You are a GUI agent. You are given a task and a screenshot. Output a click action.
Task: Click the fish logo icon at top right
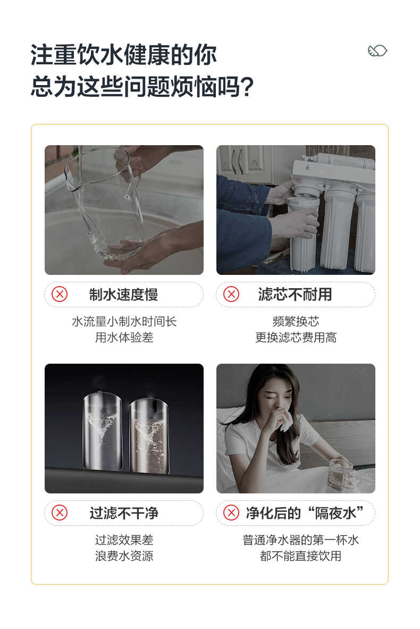[377, 51]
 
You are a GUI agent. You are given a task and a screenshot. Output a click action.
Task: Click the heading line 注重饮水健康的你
[123, 56]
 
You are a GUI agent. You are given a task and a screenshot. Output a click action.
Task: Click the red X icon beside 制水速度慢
[60, 294]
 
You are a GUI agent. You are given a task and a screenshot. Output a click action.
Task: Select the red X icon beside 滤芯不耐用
[231, 294]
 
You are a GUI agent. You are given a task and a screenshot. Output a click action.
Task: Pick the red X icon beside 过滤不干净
[60, 513]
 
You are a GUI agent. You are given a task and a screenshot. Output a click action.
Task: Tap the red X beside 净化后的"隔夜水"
[231, 513]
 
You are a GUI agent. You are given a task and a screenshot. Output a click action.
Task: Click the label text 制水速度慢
[123, 295]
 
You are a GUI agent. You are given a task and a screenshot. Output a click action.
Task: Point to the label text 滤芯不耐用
[295, 295]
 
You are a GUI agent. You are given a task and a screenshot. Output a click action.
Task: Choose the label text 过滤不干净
[123, 513]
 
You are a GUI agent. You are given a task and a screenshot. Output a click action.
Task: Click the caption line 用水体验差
[124, 338]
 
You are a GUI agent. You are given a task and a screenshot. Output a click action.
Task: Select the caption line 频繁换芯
[296, 321]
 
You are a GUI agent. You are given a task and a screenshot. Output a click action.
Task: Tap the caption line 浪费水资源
[124, 556]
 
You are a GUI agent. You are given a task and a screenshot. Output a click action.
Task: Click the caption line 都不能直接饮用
[300, 556]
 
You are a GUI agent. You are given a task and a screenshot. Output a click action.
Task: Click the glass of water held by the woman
[340, 474]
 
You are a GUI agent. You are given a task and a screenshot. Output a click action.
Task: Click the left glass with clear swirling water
[102, 433]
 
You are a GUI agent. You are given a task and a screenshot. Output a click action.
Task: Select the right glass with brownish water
[149, 436]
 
